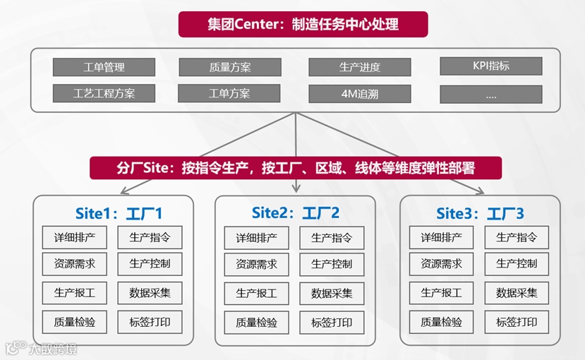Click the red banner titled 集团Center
(x=303, y=24)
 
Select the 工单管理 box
(x=104, y=67)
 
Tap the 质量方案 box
(x=229, y=67)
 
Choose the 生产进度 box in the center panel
(x=359, y=67)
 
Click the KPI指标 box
(x=490, y=66)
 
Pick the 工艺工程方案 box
(x=104, y=93)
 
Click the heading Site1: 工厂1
(x=119, y=212)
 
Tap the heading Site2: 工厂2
(x=296, y=212)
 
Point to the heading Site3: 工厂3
(x=480, y=212)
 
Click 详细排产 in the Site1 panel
(x=74, y=238)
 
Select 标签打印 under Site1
(x=150, y=322)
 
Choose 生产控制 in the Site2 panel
(x=332, y=265)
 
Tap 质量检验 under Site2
(x=256, y=323)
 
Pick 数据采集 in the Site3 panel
(x=517, y=292)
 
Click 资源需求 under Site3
(x=441, y=264)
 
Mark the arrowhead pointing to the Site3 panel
(x=481, y=191)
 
